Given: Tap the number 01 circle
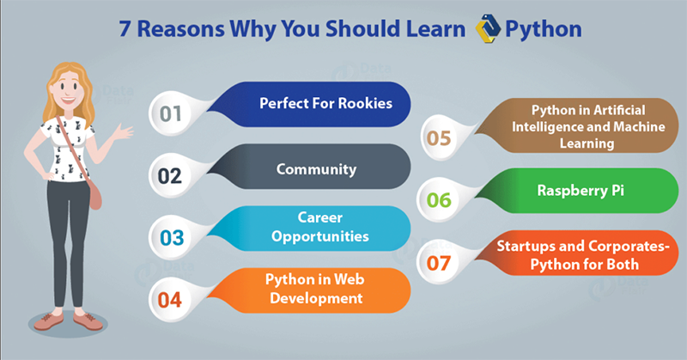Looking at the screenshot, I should click(x=168, y=113).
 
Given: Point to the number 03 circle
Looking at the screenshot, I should click(x=168, y=235).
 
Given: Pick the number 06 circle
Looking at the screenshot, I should click(x=439, y=199).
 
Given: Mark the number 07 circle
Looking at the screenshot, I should click(x=439, y=260).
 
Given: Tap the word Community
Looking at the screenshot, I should click(x=316, y=169).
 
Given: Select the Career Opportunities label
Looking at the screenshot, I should click(x=316, y=227).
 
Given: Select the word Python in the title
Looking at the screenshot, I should click(x=544, y=28).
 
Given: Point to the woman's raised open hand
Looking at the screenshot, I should click(x=128, y=131).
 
